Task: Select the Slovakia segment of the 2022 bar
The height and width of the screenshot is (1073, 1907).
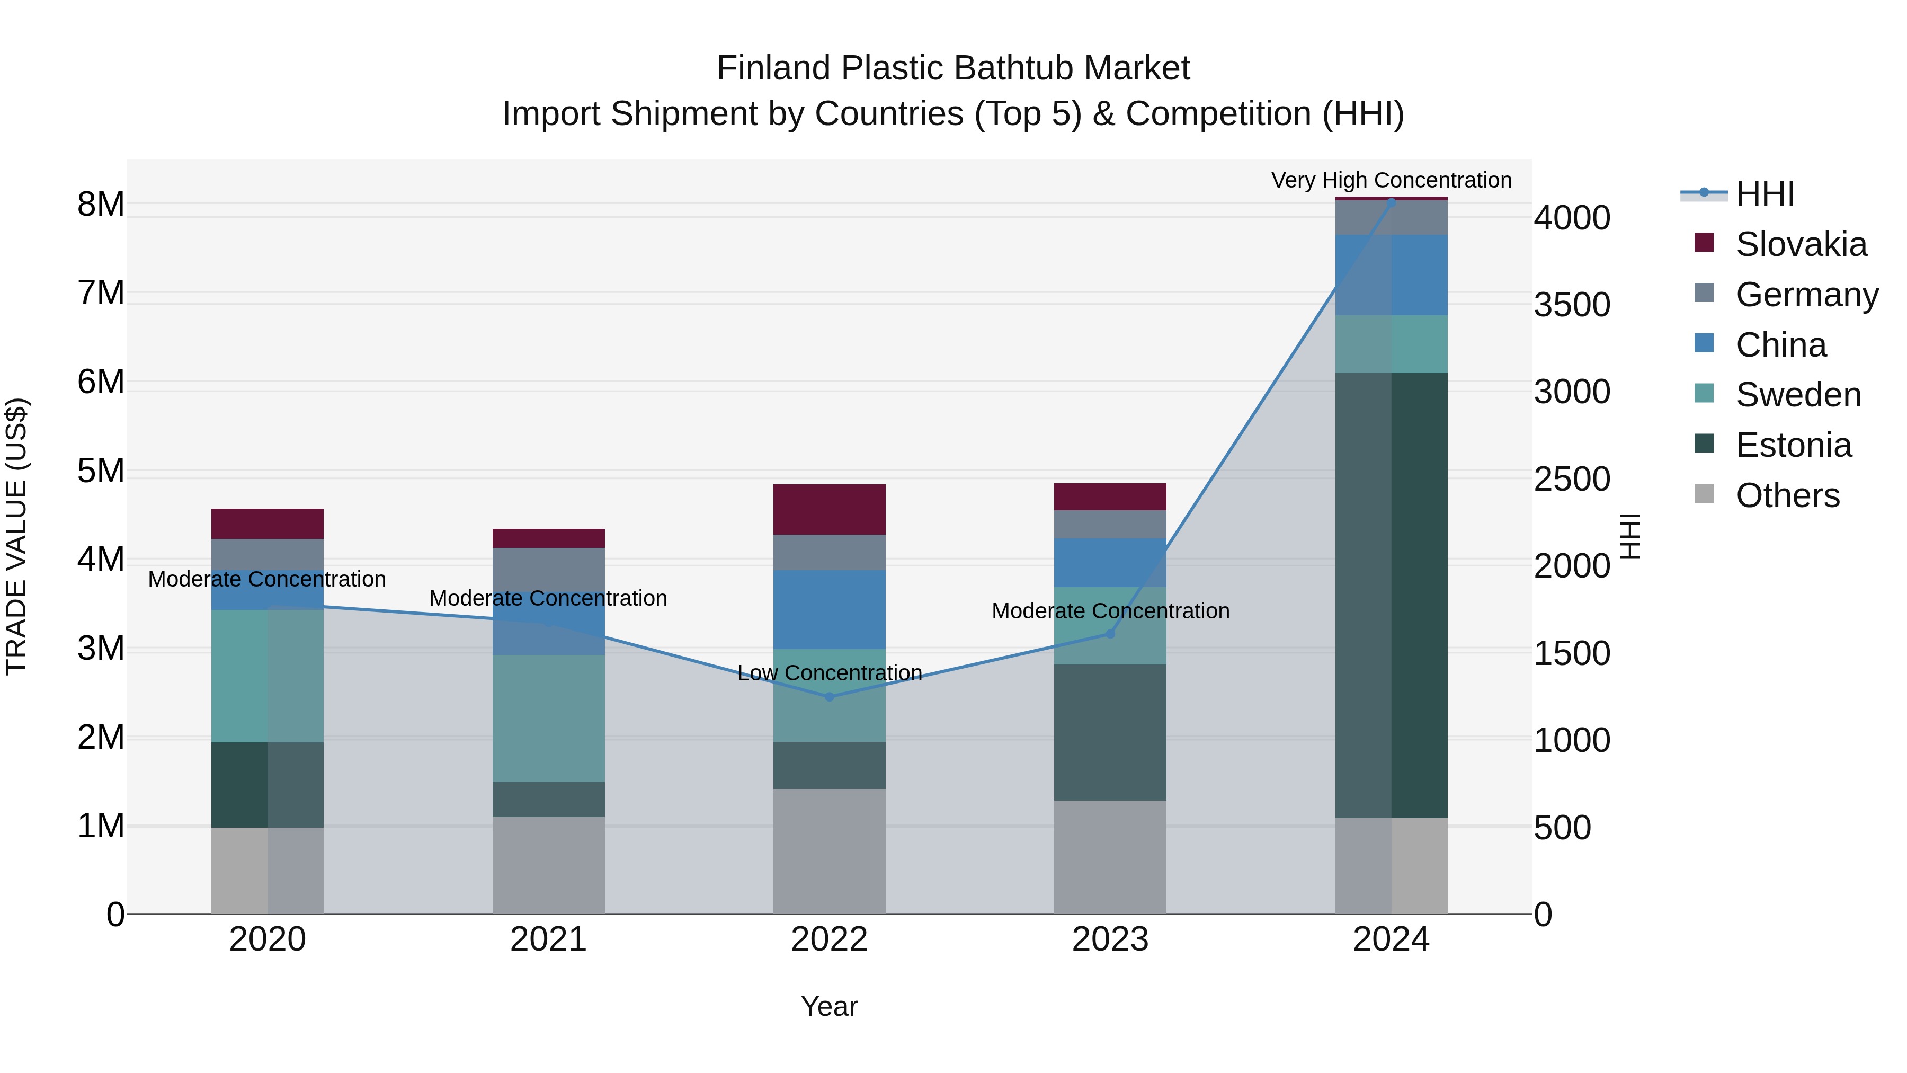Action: click(x=829, y=509)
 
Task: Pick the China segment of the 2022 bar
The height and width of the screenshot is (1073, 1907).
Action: click(x=829, y=609)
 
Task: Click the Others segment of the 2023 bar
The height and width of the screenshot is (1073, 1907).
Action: click(x=1110, y=857)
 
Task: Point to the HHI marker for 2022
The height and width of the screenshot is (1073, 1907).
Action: click(x=829, y=697)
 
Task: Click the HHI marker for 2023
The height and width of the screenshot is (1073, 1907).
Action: click(x=1110, y=634)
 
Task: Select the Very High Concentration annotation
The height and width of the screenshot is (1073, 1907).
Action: click(x=1391, y=181)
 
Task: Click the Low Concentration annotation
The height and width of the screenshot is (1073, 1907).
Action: click(x=829, y=673)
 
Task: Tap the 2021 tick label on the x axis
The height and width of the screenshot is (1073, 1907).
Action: click(x=549, y=939)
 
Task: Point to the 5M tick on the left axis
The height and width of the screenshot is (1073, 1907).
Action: click(x=101, y=471)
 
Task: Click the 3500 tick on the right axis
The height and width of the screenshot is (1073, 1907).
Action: click(x=1572, y=305)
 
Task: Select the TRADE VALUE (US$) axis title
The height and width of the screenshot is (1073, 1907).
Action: click(x=16, y=536)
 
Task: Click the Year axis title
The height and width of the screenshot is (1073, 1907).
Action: click(x=829, y=1006)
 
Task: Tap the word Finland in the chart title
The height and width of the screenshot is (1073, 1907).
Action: click(x=773, y=68)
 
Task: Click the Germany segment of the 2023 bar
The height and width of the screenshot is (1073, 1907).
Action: click(x=1110, y=524)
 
